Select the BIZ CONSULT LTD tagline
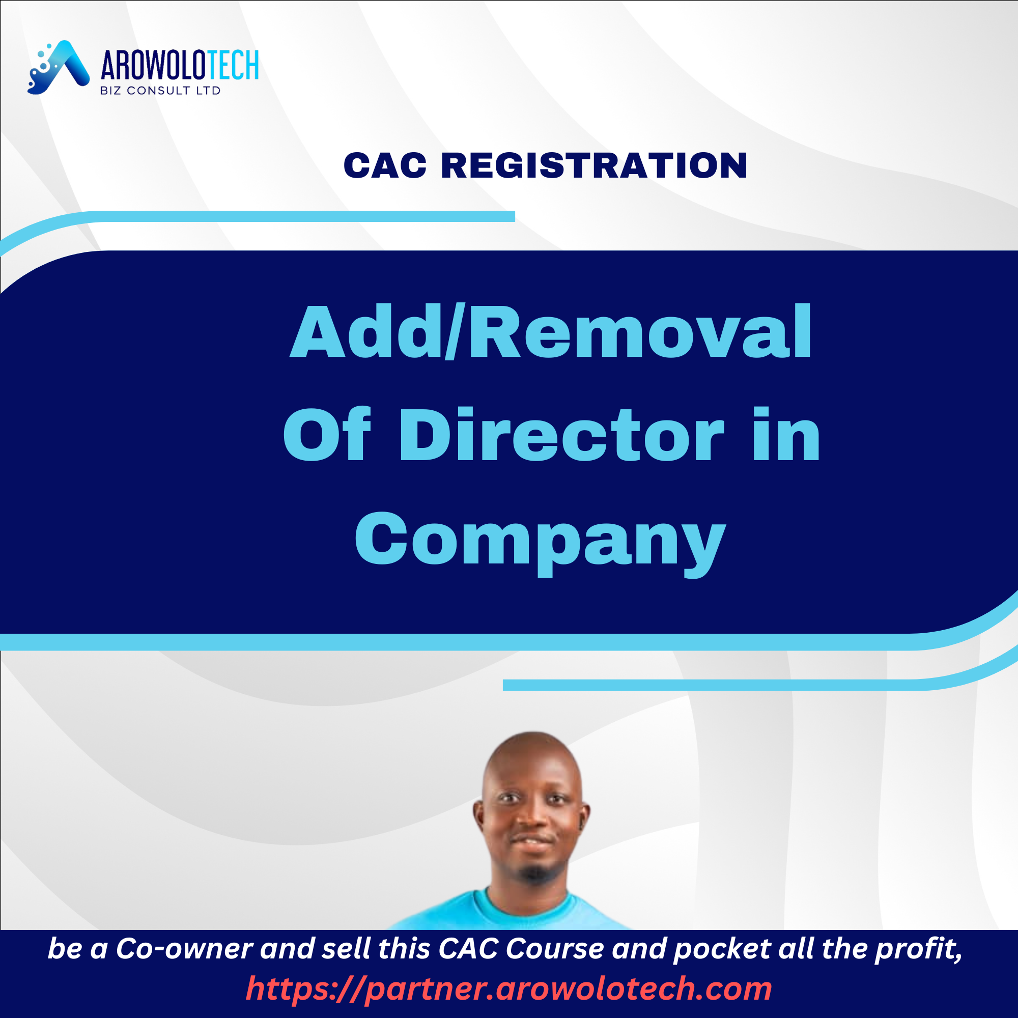[x=160, y=91]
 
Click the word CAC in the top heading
[x=385, y=165]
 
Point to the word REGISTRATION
[x=594, y=165]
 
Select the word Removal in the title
[x=641, y=332]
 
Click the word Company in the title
[x=540, y=543]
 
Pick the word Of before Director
[x=327, y=435]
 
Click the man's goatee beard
[x=534, y=872]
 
